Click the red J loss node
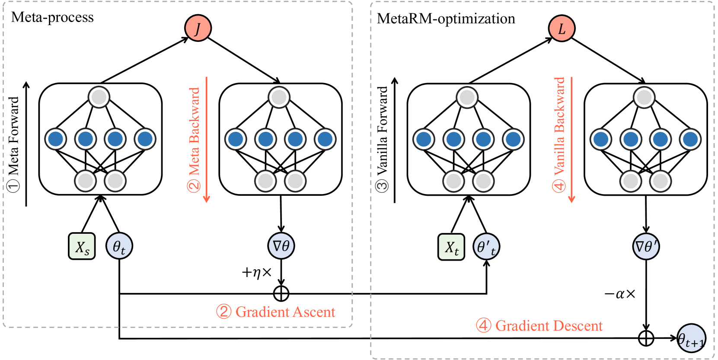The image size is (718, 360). coord(198,28)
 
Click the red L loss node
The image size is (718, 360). coord(562,29)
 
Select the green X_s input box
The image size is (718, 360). coord(82,246)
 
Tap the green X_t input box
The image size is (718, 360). coord(451,247)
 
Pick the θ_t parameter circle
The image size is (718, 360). coord(119,246)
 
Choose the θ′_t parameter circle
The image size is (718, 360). coord(486,247)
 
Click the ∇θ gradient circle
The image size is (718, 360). coord(281,246)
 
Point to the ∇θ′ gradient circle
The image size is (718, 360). coord(646,246)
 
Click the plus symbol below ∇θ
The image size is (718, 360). coord(281,293)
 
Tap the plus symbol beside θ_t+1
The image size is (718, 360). coord(646,338)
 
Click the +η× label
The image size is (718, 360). coord(257,272)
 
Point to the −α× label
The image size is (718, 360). coord(620,294)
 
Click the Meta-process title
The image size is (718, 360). coord(52,17)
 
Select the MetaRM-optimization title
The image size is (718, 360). coord(446,19)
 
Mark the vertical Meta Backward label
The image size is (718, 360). coord(194,138)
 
